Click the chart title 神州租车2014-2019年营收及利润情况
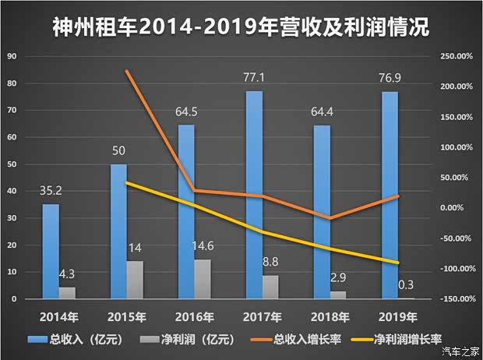(x=241, y=28)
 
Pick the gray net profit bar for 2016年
(x=202, y=279)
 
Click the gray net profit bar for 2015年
(x=135, y=280)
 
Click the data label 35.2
(x=50, y=192)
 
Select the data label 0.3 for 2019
(x=405, y=285)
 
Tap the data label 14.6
(x=203, y=247)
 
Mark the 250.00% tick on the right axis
(x=455, y=56)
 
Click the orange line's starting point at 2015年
(x=126, y=71)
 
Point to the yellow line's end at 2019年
(x=397, y=263)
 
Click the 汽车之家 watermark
(x=459, y=351)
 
